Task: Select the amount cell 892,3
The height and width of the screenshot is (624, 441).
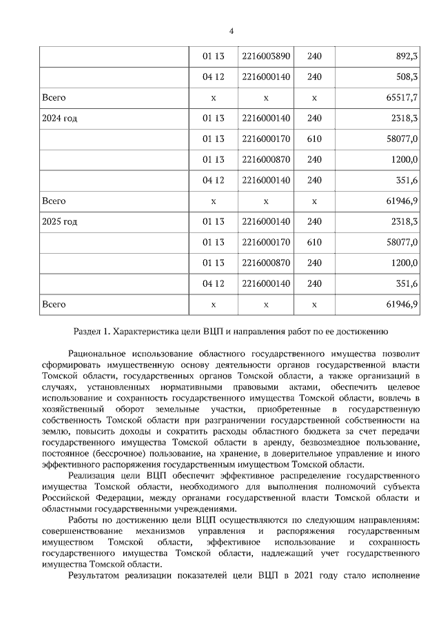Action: click(x=406, y=56)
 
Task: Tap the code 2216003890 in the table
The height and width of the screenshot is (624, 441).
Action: click(x=266, y=56)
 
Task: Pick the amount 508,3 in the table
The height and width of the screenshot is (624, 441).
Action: click(x=406, y=77)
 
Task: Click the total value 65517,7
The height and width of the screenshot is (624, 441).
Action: click(x=402, y=98)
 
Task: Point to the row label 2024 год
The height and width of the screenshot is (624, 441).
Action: click(x=60, y=119)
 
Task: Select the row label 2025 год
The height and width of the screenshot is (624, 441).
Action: click(x=60, y=221)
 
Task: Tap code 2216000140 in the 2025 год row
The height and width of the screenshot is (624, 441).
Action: click(x=266, y=221)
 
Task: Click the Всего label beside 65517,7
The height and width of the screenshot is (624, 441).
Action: click(x=54, y=98)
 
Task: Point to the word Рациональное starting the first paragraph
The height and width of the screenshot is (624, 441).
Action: click(x=99, y=354)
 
